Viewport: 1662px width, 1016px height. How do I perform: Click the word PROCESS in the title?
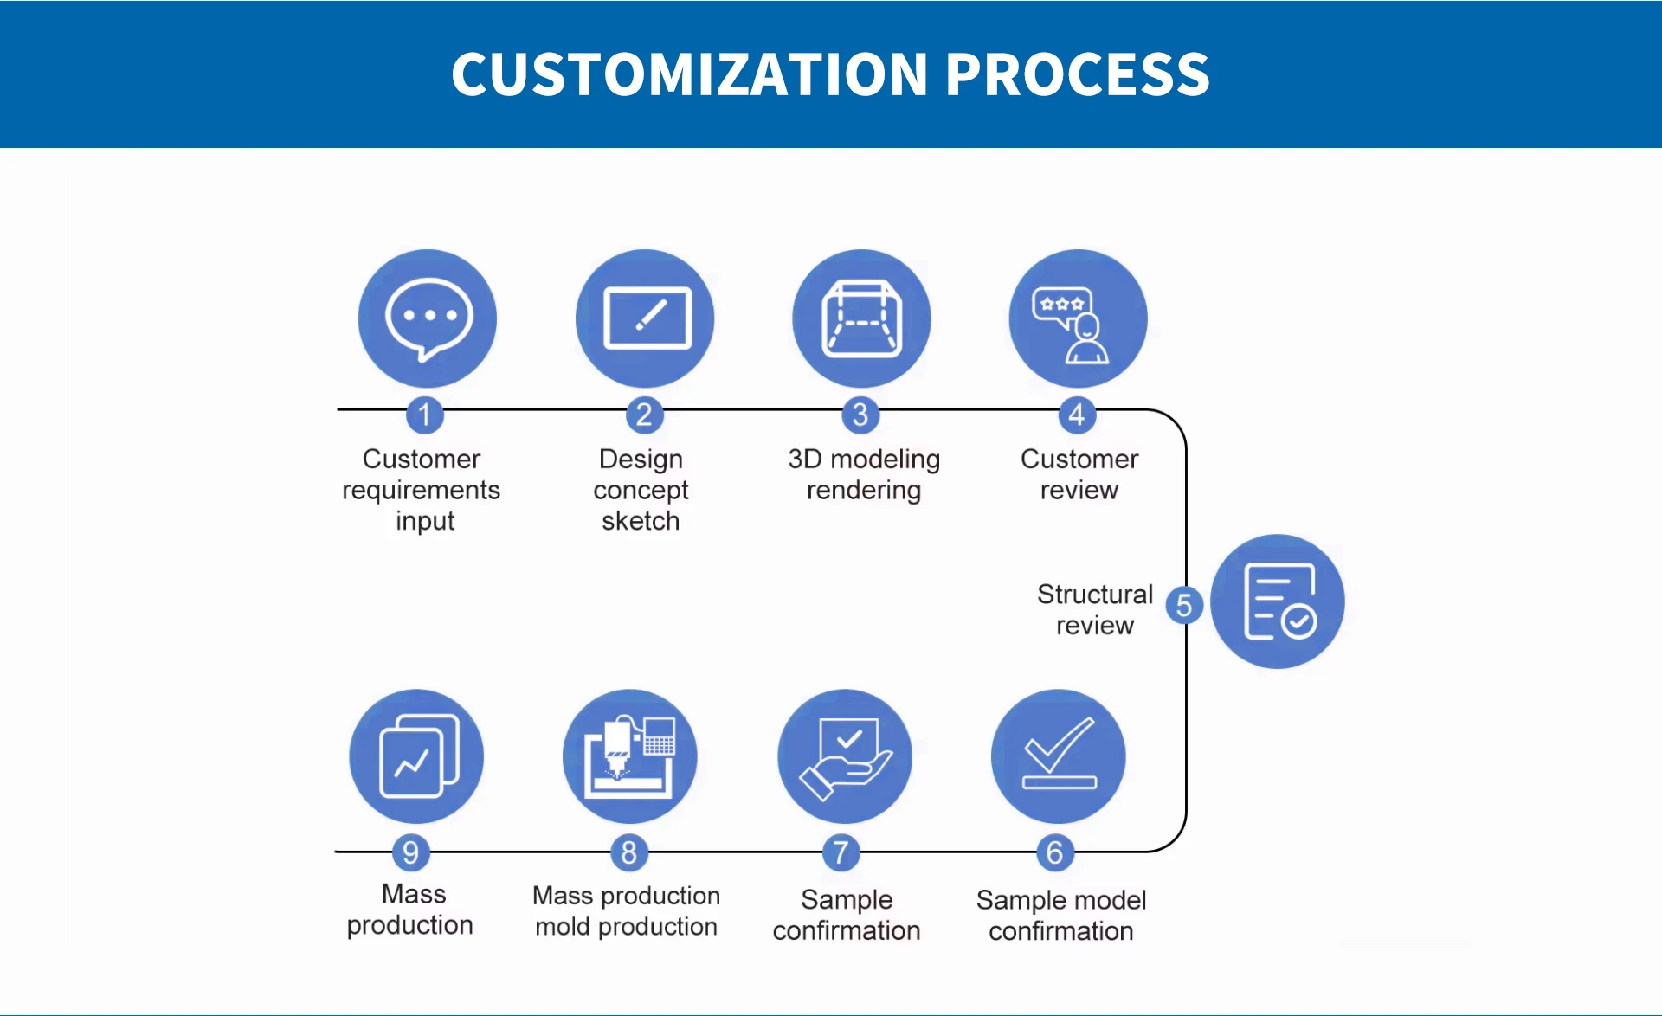tap(1077, 74)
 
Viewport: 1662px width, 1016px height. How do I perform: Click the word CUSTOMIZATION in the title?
tap(690, 74)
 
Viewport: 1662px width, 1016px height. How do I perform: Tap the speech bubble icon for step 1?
tap(428, 318)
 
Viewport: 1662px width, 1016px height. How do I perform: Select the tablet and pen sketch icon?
tap(645, 318)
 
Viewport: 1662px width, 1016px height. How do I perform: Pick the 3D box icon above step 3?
tap(861, 318)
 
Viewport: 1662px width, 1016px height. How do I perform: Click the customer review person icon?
tap(1078, 318)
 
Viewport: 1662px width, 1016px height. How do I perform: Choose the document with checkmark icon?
tap(1278, 601)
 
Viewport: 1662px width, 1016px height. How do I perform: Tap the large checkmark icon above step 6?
tap(1059, 756)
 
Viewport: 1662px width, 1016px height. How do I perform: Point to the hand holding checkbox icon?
tap(845, 756)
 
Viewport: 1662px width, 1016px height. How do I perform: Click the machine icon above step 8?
tap(629, 756)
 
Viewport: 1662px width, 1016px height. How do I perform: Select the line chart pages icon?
tap(416, 756)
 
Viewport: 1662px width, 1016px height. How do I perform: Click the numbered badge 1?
tap(425, 415)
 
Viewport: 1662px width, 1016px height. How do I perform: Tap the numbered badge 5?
tap(1184, 605)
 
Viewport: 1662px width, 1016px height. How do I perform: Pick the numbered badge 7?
tap(841, 852)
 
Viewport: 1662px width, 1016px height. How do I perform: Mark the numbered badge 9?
tap(411, 852)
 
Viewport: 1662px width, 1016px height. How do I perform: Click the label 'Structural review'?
tap(1095, 609)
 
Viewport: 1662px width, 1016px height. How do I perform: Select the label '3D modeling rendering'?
tap(864, 474)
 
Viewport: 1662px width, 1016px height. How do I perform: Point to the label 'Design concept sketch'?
tap(641, 490)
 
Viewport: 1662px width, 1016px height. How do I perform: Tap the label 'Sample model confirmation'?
tap(1061, 916)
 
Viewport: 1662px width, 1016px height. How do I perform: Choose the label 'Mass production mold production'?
tap(627, 910)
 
